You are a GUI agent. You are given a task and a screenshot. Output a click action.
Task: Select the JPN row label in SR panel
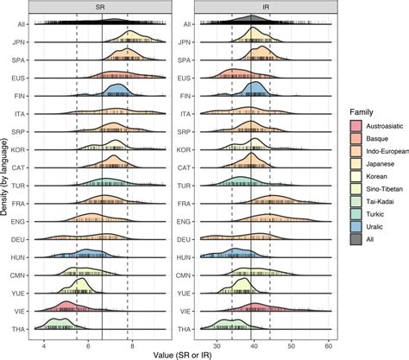17,41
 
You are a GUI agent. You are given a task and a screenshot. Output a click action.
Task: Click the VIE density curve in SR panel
69,306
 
